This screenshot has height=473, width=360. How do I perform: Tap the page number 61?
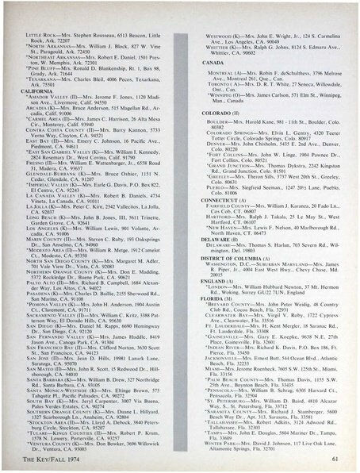pos(336,458)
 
